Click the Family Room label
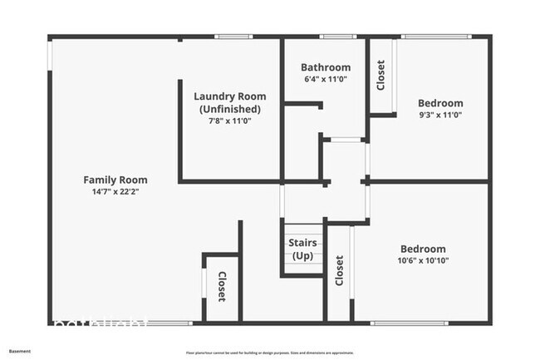pos(115,180)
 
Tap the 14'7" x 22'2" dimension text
pos(115,191)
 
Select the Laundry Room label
pos(229,96)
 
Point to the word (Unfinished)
pos(229,109)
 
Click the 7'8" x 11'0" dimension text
pos(229,121)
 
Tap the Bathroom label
pos(326,67)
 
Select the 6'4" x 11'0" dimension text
pos(326,79)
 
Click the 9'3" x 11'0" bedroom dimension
pos(439,116)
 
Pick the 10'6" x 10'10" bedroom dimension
pos(423,260)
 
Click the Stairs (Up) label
pos(301,249)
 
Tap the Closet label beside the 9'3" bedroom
pos(381,76)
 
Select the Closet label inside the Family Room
pos(222,287)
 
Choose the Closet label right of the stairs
pos(339,270)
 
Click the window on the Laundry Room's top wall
pos(233,37)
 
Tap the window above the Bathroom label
pos(333,37)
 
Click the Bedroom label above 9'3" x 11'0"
pos(439,105)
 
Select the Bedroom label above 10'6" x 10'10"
pos(423,249)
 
